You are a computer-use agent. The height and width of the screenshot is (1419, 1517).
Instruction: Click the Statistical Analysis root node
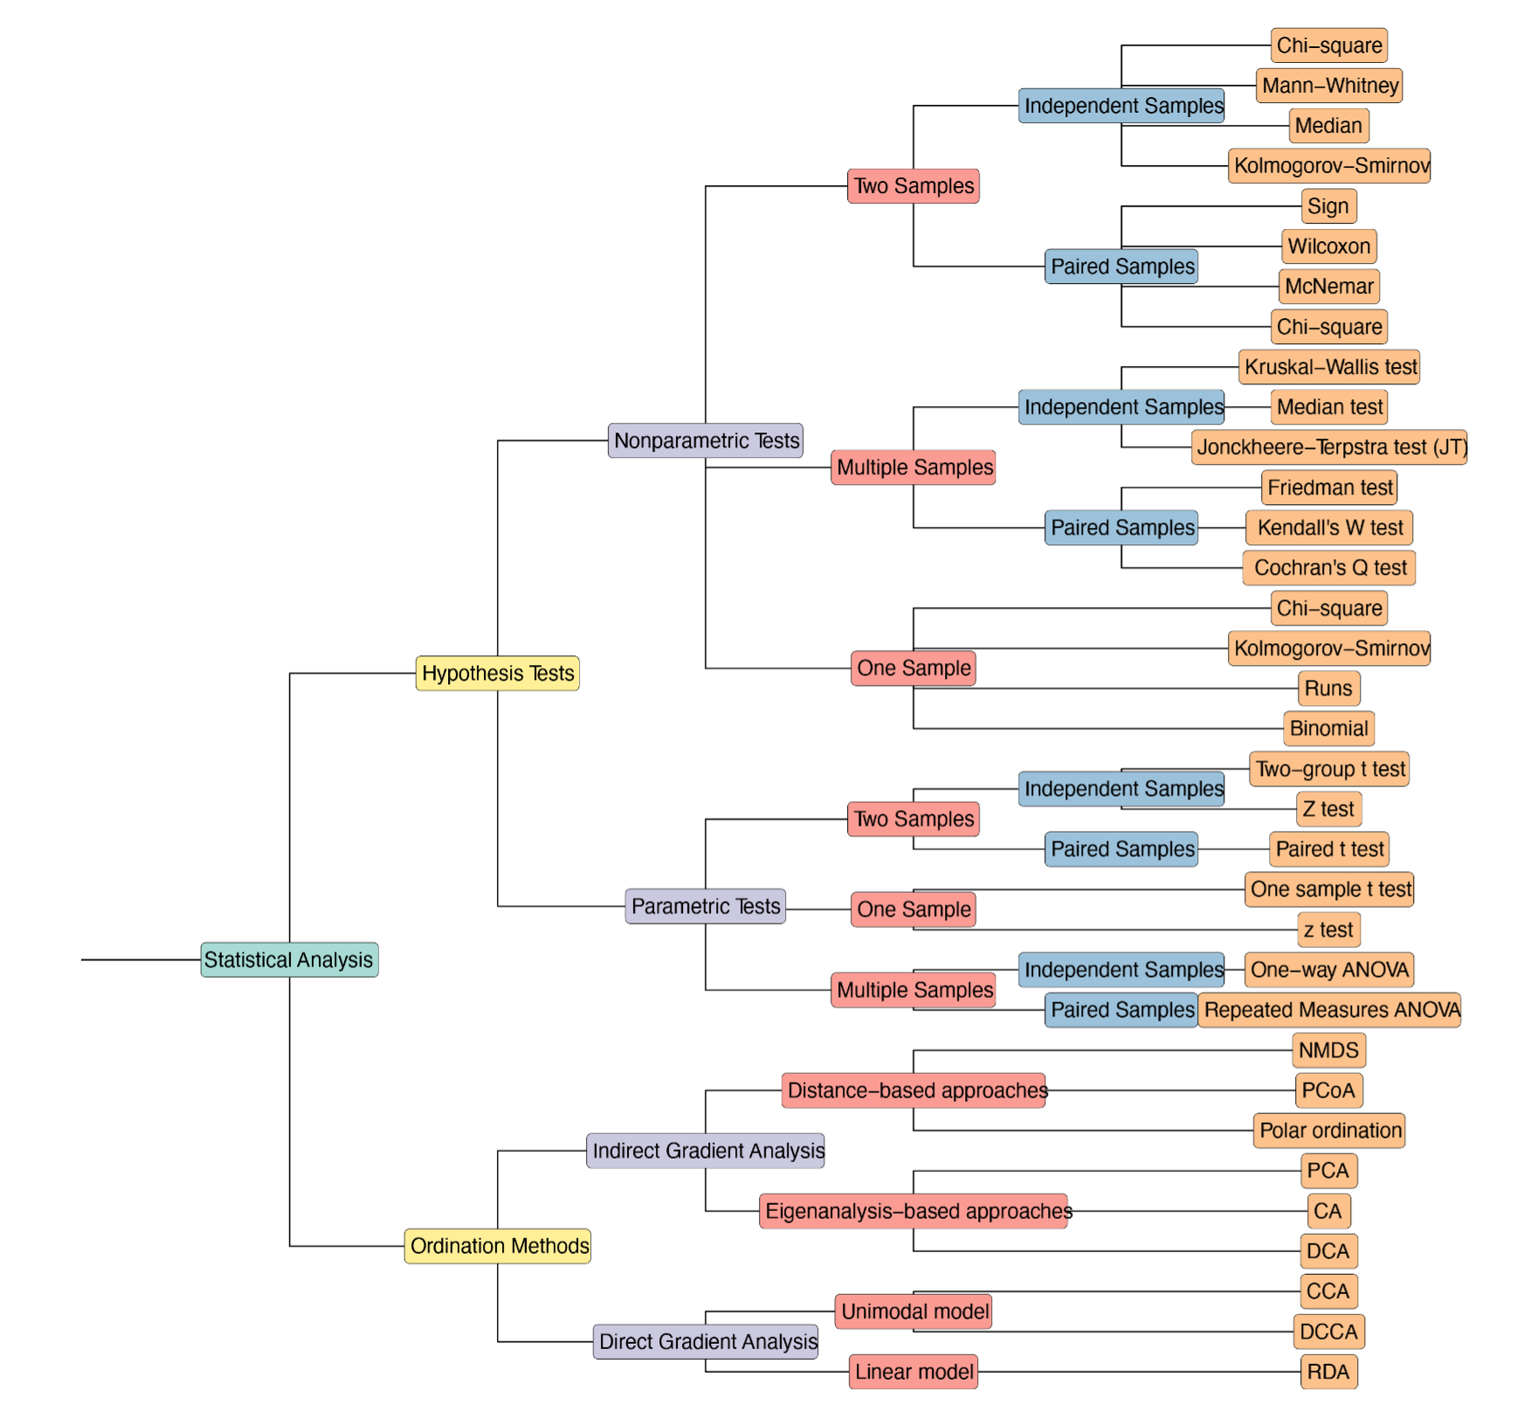coord(289,959)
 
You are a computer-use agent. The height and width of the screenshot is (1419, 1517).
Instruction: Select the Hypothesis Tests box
coord(497,673)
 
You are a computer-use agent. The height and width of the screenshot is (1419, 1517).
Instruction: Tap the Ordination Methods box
coord(498,1245)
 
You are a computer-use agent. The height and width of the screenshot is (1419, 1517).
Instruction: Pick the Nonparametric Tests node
coord(706,440)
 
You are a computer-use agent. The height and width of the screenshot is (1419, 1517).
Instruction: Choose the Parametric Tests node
coord(705,906)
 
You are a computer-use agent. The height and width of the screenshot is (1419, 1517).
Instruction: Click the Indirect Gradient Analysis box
coord(706,1151)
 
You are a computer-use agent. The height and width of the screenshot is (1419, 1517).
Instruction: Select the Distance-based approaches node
coord(914,1090)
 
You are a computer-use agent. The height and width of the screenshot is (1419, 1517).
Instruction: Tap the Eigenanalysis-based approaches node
coord(914,1211)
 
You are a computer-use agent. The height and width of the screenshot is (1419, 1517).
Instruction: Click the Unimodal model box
coord(914,1312)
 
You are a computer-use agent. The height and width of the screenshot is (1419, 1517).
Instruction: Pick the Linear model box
coord(914,1372)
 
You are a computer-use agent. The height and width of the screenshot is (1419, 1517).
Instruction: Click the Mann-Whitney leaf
coord(1329,86)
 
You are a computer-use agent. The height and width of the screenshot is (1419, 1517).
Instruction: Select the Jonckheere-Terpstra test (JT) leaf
coord(1329,447)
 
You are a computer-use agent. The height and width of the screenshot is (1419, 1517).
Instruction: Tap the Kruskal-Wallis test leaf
coord(1329,367)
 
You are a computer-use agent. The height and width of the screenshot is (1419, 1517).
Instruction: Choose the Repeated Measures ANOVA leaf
coord(1329,1010)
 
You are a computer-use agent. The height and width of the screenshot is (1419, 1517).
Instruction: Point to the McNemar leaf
coord(1329,287)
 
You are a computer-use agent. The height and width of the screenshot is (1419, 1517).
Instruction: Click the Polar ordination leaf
coord(1329,1131)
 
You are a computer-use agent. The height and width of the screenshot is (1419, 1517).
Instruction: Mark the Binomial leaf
coord(1328,729)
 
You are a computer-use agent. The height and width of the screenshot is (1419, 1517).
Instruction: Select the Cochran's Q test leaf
coord(1329,568)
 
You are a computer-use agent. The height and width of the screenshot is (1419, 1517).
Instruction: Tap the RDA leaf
coord(1327,1372)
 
